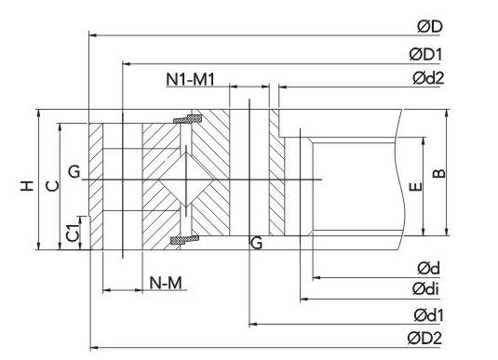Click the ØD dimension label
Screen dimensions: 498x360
tap(430, 27)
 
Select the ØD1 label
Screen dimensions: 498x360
tap(426, 54)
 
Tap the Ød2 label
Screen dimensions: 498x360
tap(428, 78)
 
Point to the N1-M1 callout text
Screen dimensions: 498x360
tap(190, 79)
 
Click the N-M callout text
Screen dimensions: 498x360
tap(166, 283)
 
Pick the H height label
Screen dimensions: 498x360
tap(27, 186)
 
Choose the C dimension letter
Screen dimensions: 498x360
tap(52, 186)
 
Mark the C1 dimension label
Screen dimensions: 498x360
tap(73, 233)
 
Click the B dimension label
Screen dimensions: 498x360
tap(439, 173)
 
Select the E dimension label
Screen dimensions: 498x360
tap(415, 187)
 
